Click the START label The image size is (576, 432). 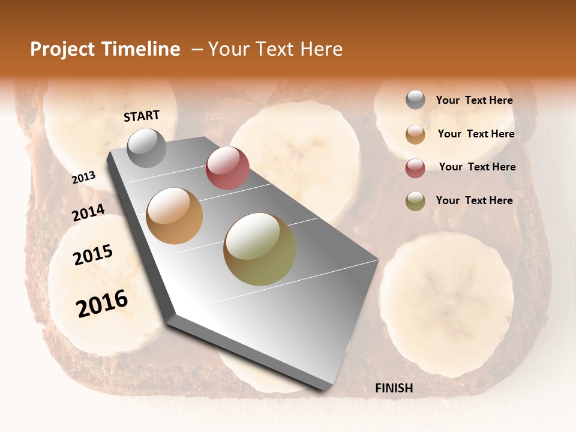click(x=142, y=116)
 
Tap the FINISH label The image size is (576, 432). click(x=394, y=388)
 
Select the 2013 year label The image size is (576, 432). click(x=84, y=178)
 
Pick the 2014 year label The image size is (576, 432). click(x=89, y=212)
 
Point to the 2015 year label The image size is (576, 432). click(x=93, y=255)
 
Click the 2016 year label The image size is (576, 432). click(x=102, y=303)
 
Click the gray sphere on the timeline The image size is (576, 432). click(x=146, y=148)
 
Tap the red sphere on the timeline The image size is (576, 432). click(x=227, y=168)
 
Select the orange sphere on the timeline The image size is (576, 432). click(x=175, y=216)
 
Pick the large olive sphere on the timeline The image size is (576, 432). click(x=260, y=249)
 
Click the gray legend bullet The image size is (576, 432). click(x=415, y=100)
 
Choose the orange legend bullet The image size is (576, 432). click(x=415, y=134)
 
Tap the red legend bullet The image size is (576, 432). click(x=415, y=168)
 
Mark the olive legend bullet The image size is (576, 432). click(x=415, y=201)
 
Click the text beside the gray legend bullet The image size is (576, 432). click(x=474, y=100)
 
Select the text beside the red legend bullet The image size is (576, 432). click(x=477, y=167)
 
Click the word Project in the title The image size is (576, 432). click(x=62, y=49)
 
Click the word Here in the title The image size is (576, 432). click(x=321, y=49)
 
